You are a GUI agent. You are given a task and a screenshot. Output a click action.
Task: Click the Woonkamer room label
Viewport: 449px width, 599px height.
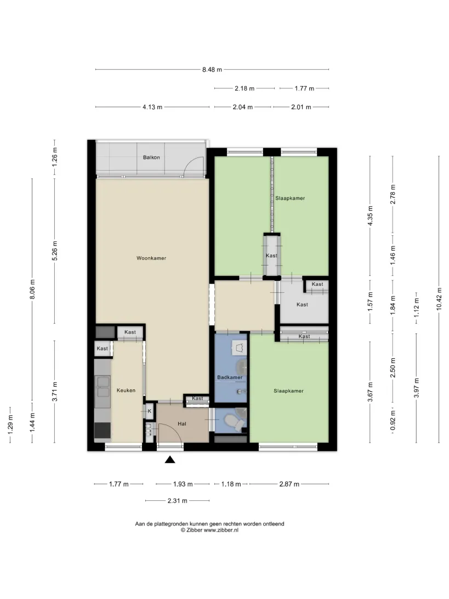click(151, 258)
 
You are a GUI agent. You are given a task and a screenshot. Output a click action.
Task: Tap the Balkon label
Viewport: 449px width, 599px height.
click(151, 157)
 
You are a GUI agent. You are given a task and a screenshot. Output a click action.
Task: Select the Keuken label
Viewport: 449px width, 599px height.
click(126, 391)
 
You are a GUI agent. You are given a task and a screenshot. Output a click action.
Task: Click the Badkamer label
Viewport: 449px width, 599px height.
click(230, 377)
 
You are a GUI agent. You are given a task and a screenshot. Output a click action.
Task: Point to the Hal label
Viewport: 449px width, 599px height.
click(182, 423)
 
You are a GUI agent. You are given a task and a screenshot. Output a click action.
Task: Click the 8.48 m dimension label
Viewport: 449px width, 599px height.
click(212, 70)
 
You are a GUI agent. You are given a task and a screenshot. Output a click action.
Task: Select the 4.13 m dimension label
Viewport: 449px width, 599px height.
click(152, 107)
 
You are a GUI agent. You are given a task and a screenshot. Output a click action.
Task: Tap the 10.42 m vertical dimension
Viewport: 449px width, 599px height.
click(439, 299)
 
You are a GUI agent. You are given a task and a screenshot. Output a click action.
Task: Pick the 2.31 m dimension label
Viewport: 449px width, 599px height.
click(178, 500)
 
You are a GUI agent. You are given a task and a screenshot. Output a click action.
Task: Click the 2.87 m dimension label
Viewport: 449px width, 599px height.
click(289, 484)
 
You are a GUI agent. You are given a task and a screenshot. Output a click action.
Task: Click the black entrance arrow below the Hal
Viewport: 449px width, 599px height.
click(170, 460)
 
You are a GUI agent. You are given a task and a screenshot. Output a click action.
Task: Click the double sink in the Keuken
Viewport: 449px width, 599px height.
click(104, 387)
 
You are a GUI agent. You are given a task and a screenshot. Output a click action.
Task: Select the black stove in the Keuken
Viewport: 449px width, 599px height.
click(103, 430)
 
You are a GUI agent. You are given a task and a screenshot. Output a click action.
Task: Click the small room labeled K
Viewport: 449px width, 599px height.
click(149, 411)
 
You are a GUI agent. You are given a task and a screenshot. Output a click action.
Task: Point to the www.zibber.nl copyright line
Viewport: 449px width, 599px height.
click(209, 530)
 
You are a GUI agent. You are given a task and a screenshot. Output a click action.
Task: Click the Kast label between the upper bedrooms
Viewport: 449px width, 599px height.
click(271, 256)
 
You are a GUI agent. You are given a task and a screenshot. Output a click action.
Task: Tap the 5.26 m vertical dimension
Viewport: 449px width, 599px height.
click(55, 251)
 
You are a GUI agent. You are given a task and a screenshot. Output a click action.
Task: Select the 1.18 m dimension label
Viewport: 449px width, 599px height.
click(231, 484)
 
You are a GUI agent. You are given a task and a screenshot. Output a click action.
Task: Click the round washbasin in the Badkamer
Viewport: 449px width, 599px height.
click(242, 368)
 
